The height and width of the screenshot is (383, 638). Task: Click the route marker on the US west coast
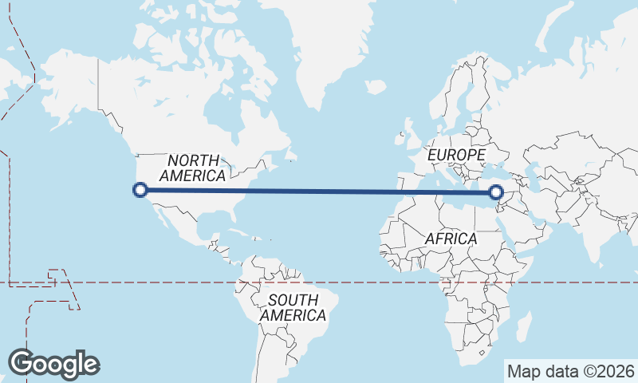click(x=140, y=189)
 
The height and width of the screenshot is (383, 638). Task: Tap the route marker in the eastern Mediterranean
click(x=496, y=191)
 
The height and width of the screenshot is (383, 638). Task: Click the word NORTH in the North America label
click(x=193, y=160)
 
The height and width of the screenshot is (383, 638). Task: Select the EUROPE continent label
click(x=456, y=155)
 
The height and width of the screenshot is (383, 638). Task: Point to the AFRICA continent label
click(x=451, y=239)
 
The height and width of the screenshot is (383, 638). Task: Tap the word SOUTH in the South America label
click(x=293, y=300)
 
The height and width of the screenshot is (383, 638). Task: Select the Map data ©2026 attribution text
click(x=570, y=371)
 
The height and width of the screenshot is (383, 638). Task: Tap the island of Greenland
click(x=319, y=48)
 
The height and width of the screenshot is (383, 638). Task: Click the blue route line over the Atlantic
click(x=319, y=191)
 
